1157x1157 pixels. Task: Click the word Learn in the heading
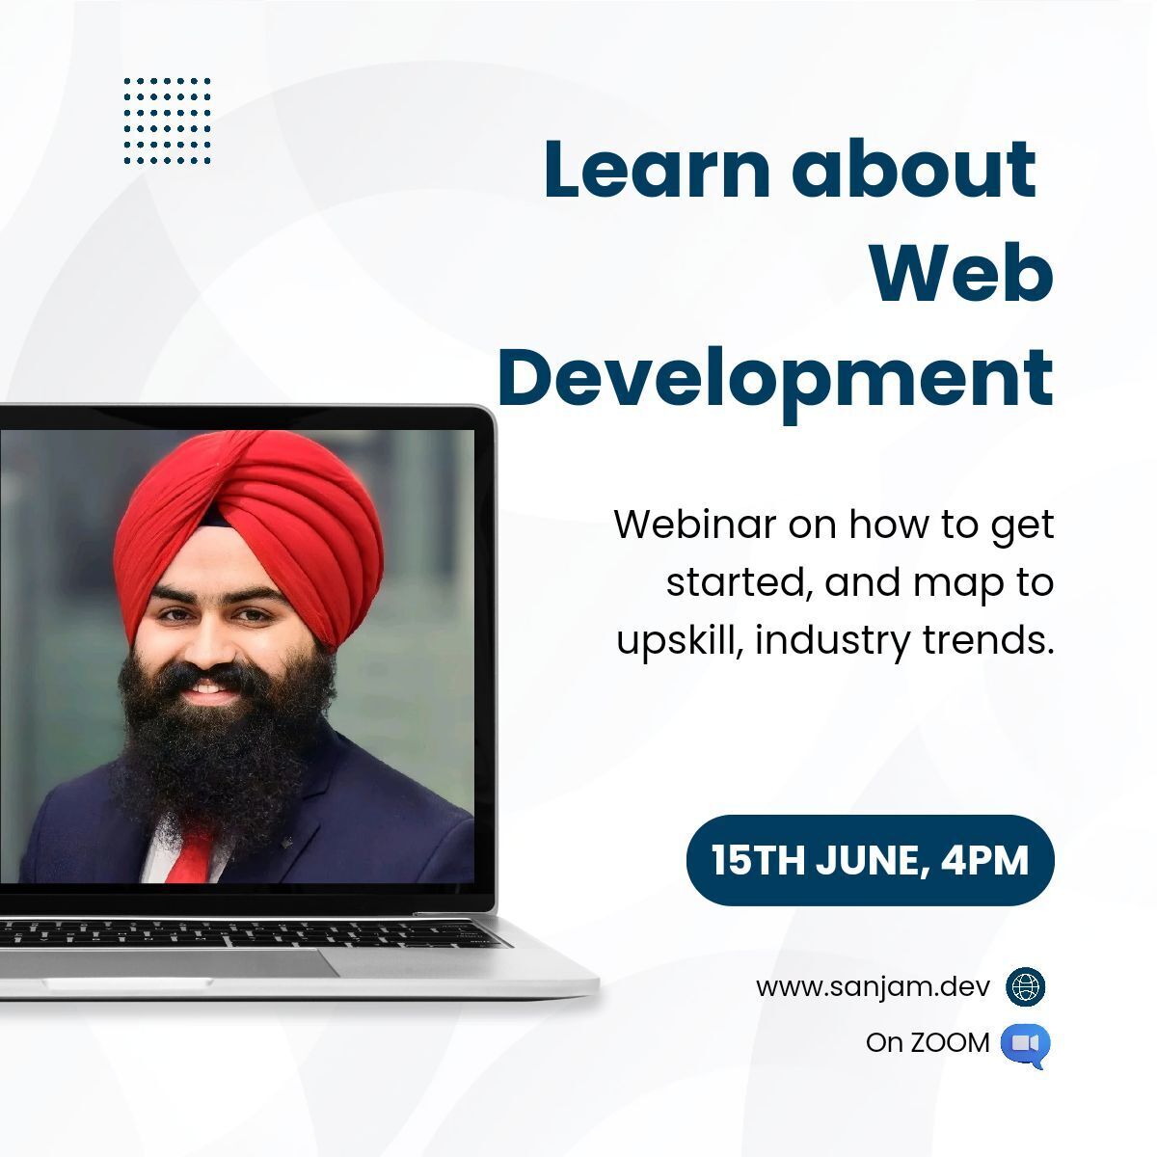click(657, 169)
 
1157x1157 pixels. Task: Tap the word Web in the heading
click(962, 274)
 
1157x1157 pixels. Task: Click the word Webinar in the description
click(695, 525)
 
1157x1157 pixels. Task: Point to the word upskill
click(680, 642)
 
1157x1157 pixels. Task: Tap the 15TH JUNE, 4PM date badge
click(870, 860)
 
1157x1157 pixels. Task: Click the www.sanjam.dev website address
click(873, 987)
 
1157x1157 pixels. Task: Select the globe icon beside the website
click(1026, 986)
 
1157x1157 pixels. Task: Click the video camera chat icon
click(1026, 1044)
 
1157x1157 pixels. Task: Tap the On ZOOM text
click(927, 1043)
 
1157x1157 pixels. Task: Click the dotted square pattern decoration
click(168, 121)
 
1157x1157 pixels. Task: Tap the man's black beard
click(222, 750)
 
